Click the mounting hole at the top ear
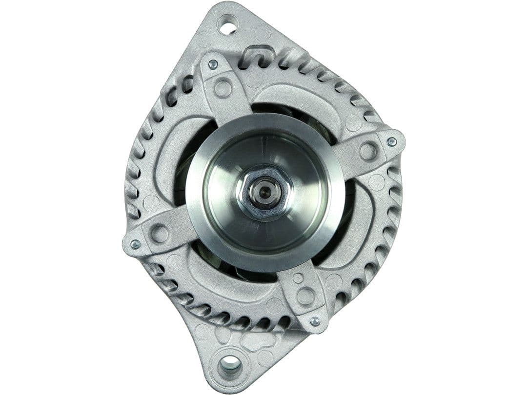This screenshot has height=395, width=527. click(228, 25)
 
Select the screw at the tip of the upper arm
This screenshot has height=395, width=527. click(213, 64)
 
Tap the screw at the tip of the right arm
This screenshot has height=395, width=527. click(391, 141)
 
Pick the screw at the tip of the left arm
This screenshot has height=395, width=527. click(135, 244)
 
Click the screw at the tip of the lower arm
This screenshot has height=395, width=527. click(315, 321)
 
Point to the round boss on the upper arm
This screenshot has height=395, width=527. click(223, 88)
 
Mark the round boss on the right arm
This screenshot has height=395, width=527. click(368, 151)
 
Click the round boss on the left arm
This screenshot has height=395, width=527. click(160, 234)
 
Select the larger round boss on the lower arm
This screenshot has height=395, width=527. click(306, 296)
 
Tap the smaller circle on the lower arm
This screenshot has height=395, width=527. click(298, 278)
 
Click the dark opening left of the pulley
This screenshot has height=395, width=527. click(181, 180)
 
